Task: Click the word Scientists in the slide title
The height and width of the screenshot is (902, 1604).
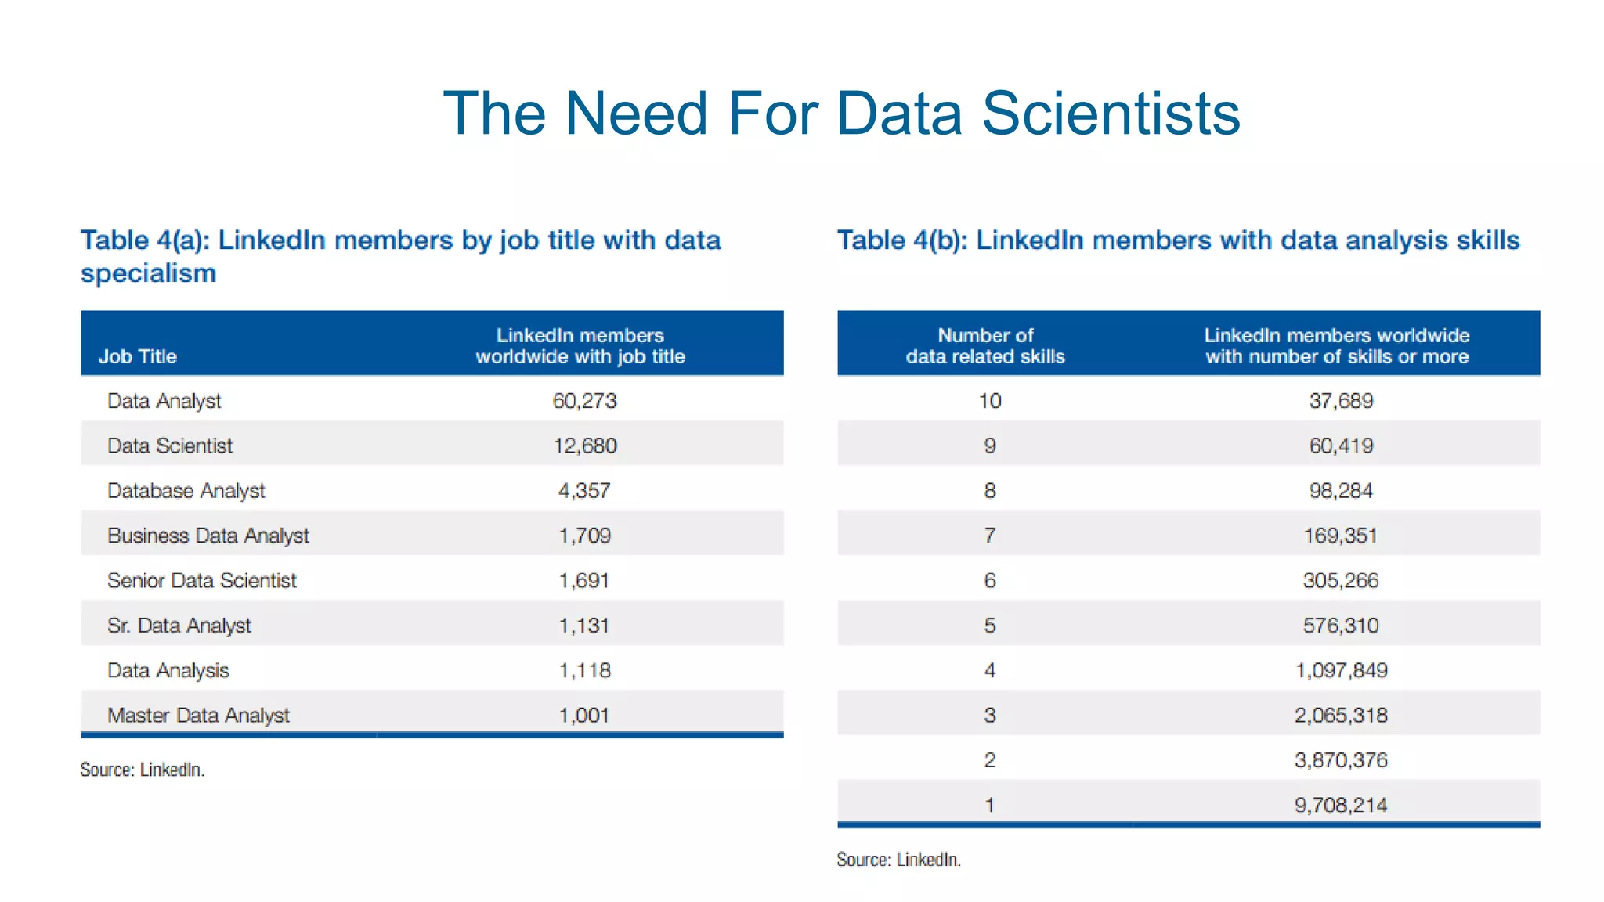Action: click(1111, 114)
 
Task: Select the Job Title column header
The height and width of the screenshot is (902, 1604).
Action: click(138, 356)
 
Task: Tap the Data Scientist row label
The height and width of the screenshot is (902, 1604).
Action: click(170, 446)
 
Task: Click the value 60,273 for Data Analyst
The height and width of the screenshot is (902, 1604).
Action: click(584, 401)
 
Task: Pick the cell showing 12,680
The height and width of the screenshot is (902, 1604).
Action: click(584, 446)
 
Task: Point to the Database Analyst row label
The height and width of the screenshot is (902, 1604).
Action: click(186, 491)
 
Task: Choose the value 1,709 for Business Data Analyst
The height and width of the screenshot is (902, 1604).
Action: click(584, 536)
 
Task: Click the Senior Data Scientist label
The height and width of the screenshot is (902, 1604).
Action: click(202, 581)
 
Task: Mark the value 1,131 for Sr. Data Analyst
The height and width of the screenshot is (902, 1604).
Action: click(584, 626)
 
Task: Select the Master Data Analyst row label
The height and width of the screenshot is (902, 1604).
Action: click(198, 716)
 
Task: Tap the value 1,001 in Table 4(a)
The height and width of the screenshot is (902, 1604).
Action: click(584, 716)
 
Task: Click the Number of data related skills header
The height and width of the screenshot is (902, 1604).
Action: click(985, 346)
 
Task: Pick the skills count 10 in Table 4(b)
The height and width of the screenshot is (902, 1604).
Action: click(990, 401)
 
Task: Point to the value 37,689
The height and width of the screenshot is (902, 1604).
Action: click(1341, 401)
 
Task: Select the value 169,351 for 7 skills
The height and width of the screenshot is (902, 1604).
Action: click(1341, 536)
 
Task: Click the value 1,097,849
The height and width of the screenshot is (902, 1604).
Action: click(1341, 671)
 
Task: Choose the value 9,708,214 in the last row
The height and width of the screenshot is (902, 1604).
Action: click(1341, 806)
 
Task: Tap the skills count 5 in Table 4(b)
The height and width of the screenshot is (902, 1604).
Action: click(990, 626)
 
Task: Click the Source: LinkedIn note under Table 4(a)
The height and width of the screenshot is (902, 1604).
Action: click(143, 770)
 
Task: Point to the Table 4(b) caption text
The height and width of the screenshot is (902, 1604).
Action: click(1178, 240)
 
